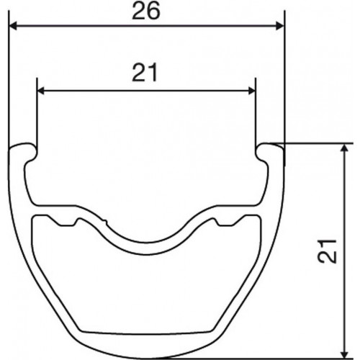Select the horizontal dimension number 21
[145, 73]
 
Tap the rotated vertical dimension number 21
[327, 251]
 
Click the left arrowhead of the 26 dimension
[13, 26]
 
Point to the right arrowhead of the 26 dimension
[280, 26]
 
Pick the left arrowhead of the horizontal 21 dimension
[41, 91]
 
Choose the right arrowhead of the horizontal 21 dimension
[251, 91]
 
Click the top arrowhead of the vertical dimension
[345, 148]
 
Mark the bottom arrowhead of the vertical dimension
[345, 355]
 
